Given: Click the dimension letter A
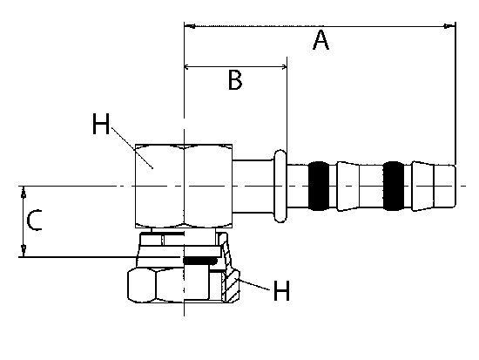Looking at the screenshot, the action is [x=320, y=40].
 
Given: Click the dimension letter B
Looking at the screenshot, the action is [x=235, y=80].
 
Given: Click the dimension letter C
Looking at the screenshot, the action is [x=34, y=220].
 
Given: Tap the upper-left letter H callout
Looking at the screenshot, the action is [x=101, y=124].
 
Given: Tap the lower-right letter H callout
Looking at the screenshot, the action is [x=281, y=290].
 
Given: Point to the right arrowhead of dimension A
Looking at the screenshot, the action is [x=449, y=26].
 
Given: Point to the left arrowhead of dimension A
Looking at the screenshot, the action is [x=190, y=26].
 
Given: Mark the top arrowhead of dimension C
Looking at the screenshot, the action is [x=24, y=192].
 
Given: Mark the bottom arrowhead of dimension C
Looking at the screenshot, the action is [x=24, y=251].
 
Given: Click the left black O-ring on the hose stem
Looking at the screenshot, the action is [x=319, y=186].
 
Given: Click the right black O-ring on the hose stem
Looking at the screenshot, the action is [x=394, y=186].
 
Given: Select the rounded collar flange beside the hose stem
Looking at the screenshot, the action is [x=280, y=186].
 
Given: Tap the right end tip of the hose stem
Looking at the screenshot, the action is [x=455, y=186].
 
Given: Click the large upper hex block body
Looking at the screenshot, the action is [x=184, y=186].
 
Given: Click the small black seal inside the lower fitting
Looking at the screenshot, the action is [x=199, y=261].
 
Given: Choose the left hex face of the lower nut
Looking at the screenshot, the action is [x=141, y=286].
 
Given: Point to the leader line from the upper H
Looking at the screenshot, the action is [x=132, y=147].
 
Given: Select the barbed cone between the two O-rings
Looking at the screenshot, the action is [x=348, y=186].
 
